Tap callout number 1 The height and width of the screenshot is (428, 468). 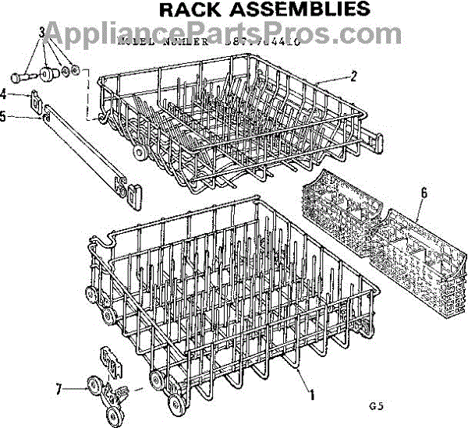[x=312, y=394]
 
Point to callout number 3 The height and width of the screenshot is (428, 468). [x=41, y=32]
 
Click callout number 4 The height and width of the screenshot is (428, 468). [x=5, y=94]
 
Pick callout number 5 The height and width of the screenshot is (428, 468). [x=5, y=118]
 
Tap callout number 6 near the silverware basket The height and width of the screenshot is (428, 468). [x=424, y=193]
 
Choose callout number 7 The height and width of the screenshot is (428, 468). [x=59, y=387]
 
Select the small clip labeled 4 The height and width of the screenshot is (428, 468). [x=34, y=100]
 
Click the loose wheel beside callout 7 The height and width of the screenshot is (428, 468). [x=94, y=387]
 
